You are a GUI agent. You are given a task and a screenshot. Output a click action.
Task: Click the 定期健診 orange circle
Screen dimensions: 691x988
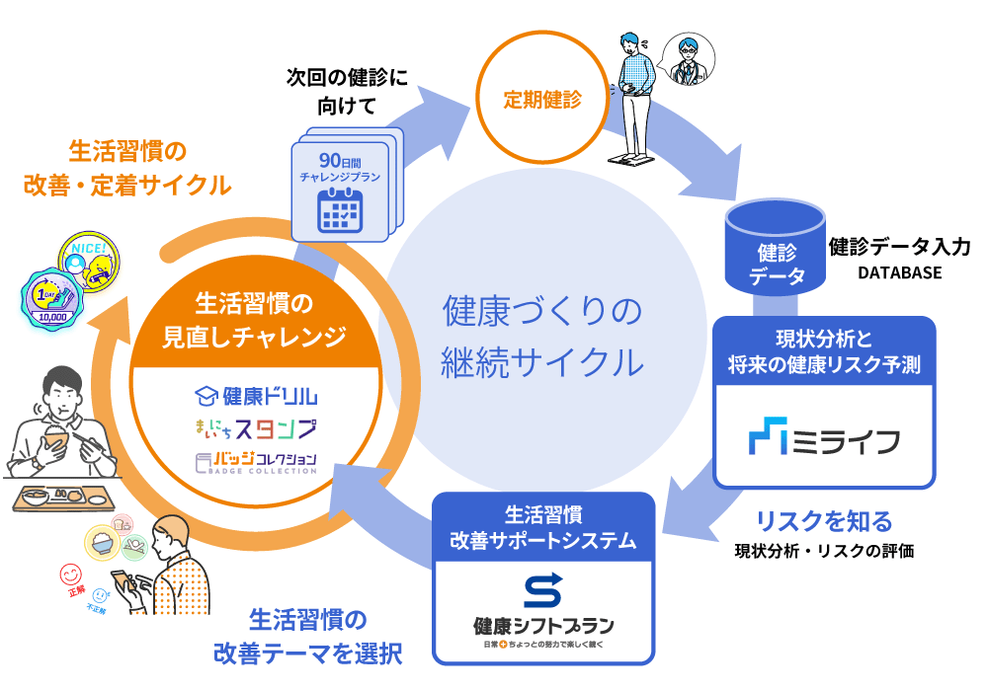click(542, 100)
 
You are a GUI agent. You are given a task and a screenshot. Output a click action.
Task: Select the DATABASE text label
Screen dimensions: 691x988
click(898, 273)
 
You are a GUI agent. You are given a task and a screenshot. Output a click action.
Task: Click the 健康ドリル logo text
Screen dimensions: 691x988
click(256, 397)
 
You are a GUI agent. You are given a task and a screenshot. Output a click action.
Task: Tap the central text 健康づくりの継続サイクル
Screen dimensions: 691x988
click(542, 337)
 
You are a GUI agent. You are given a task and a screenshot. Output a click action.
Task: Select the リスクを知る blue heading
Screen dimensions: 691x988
click(823, 520)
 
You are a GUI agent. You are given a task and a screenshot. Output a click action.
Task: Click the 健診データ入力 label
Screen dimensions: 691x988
click(899, 246)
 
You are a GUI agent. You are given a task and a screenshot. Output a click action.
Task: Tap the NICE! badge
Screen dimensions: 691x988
click(79, 252)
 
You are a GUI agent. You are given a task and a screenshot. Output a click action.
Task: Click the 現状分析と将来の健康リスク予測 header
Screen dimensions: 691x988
click(823, 352)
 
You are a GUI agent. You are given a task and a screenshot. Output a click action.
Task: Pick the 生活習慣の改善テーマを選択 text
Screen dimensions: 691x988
click(307, 636)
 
